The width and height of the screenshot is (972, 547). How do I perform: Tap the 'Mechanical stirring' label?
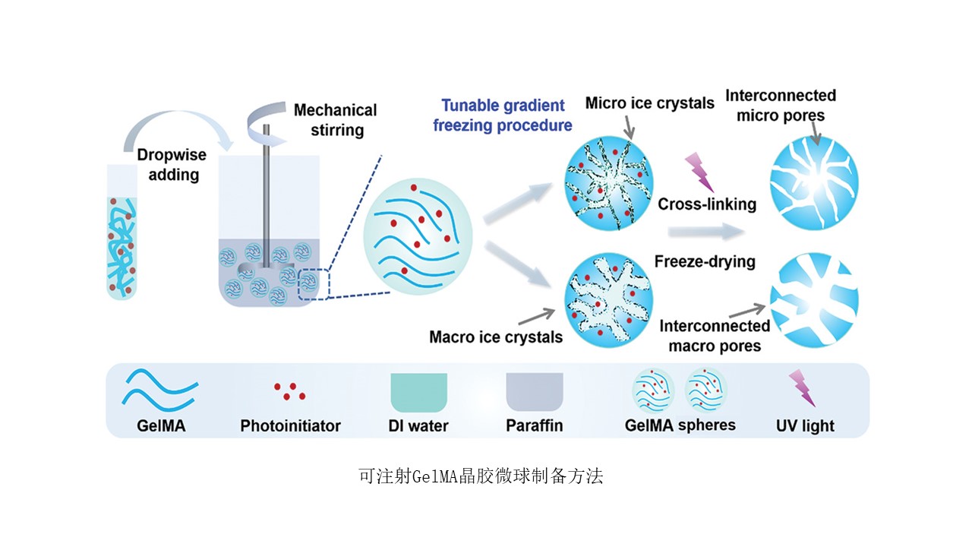pos(335,120)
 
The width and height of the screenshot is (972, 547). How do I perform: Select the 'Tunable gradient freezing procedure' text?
pos(502,115)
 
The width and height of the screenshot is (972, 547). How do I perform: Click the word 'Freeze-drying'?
pos(705,262)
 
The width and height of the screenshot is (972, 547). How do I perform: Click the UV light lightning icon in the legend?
pos(803,387)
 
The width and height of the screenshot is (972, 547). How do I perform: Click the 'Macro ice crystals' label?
pos(496,337)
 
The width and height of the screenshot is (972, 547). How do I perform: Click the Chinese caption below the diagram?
pos(481,477)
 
